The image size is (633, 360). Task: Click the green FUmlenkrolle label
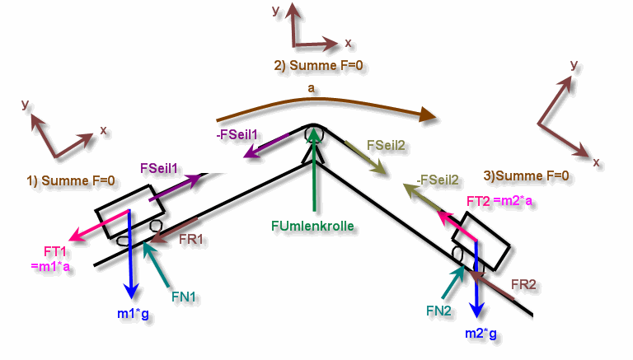coord(312,226)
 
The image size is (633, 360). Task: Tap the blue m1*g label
coord(133,314)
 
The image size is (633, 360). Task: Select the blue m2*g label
coord(481,334)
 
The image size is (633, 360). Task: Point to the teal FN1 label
coord(183,297)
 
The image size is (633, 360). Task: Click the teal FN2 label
coord(438,311)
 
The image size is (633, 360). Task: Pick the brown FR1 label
coord(191,240)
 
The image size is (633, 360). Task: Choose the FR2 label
coord(523,284)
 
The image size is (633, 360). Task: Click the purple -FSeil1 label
coord(237,135)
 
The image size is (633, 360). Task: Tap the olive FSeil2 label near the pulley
coord(386,145)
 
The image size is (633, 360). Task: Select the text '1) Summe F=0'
coord(71,180)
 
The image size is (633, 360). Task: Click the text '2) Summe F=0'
coord(318,65)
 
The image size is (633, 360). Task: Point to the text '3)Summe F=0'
coord(527,175)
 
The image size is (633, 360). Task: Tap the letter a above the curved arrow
coord(311,88)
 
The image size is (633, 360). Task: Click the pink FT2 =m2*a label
coord(499,201)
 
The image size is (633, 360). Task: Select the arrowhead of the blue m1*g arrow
coord(131,292)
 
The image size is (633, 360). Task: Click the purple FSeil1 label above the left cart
coord(158,168)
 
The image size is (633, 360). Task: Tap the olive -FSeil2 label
coord(438,180)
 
